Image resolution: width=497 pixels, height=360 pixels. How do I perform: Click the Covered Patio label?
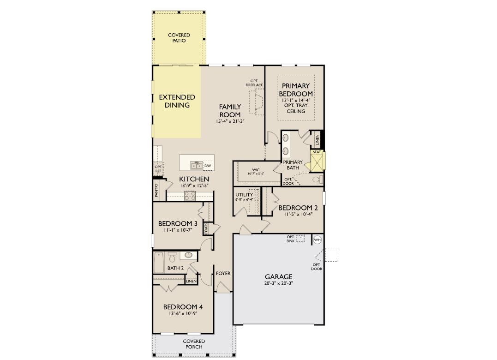pos(179,38)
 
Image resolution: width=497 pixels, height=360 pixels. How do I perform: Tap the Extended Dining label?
pos(177,101)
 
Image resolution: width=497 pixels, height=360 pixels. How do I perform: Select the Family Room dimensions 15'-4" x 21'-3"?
pos(230,121)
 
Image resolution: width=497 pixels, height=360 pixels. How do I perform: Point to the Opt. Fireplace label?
pos(254,83)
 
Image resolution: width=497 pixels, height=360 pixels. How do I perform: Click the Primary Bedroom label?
pos(296,90)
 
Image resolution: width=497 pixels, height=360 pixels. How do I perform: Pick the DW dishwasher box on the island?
pos(208,166)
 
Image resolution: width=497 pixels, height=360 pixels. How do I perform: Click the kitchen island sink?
pos(196,165)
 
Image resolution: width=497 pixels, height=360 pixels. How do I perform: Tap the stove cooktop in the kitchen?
pos(190,196)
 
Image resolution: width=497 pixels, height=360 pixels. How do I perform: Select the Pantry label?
pos(157,191)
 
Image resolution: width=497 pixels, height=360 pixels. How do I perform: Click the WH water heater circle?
pos(317,240)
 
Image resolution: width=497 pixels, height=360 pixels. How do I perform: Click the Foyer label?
pos(223,274)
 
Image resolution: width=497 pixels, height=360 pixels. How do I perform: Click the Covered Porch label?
pos(194,344)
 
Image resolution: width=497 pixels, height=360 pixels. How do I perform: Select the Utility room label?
pos(244,195)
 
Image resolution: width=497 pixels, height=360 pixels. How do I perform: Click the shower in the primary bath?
pos(317,161)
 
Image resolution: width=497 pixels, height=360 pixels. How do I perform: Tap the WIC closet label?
pos(256,170)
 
